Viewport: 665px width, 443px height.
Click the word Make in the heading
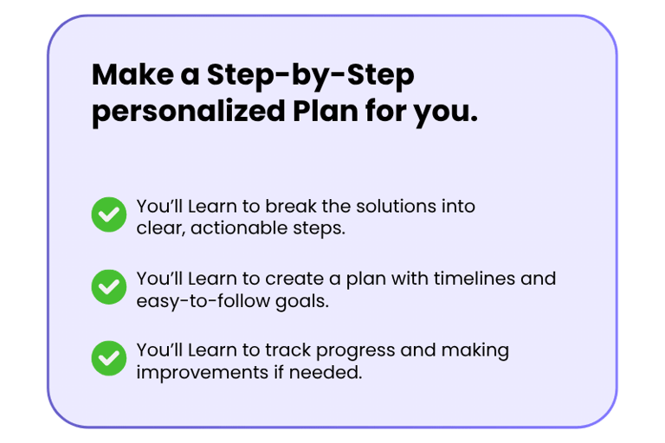(132, 74)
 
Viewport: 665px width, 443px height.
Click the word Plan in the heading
(326, 111)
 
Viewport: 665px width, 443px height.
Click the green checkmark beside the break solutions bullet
(109, 215)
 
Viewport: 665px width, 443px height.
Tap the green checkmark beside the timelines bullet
(109, 287)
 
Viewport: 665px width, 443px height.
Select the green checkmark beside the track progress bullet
(109, 358)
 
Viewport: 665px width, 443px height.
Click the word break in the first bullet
(291, 207)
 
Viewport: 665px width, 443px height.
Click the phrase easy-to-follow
(203, 302)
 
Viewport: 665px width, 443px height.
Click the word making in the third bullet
(475, 351)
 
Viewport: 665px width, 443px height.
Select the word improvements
(203, 374)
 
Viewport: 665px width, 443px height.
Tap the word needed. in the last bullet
(326, 373)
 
